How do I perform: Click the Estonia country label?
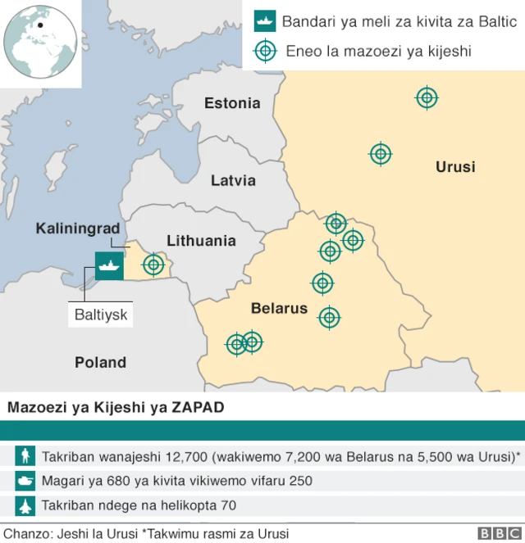tap(232, 103)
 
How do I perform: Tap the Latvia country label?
tap(233, 180)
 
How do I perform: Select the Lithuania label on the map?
tap(201, 241)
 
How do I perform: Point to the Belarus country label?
tap(279, 309)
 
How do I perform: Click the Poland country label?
tap(100, 362)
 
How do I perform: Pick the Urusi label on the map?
tap(455, 167)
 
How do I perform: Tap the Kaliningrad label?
tap(78, 228)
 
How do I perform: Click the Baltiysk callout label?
tap(102, 314)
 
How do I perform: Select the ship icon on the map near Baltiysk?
tap(109, 265)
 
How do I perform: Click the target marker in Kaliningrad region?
tap(153, 265)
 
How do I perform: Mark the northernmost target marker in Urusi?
tap(427, 98)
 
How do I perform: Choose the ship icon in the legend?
tap(264, 20)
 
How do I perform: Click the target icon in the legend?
tap(264, 51)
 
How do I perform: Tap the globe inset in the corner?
tap(40, 41)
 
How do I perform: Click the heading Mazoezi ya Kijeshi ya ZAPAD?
tap(116, 407)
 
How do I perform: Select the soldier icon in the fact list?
tap(25, 455)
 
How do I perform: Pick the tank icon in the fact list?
tap(25, 481)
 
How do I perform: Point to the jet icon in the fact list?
tap(25, 506)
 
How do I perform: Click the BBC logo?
tap(495, 533)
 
